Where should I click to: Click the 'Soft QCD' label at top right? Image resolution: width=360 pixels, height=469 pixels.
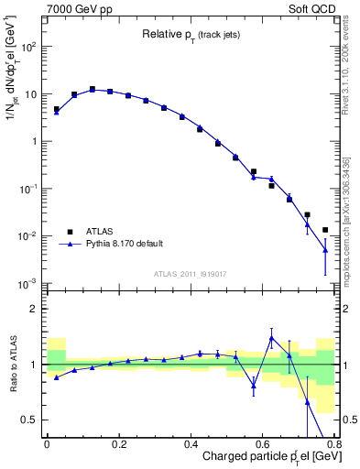[x=320, y=8]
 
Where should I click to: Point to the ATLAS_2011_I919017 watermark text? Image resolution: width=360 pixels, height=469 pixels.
[x=191, y=273]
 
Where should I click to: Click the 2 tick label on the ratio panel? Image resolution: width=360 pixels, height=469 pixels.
[x=34, y=309]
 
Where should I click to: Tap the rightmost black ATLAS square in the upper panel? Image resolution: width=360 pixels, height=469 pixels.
[x=325, y=230]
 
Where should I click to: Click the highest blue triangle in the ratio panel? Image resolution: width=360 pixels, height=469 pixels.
[x=271, y=338]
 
